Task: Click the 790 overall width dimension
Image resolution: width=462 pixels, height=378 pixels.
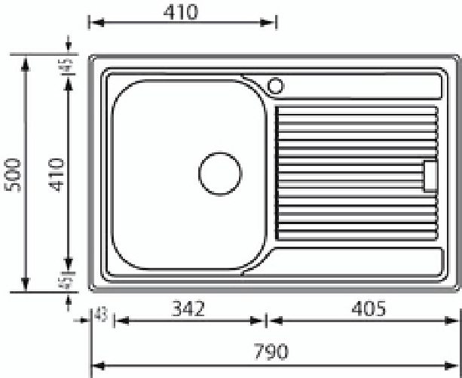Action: (x=271, y=352)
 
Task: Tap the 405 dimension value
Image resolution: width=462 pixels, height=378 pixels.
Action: (x=368, y=308)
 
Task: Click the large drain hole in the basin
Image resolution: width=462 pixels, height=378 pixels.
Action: (x=220, y=173)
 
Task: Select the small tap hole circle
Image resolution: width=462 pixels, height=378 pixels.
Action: (x=275, y=85)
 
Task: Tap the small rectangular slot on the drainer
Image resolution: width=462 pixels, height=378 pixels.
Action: (x=430, y=177)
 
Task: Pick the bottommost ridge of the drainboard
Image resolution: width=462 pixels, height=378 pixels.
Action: (x=356, y=235)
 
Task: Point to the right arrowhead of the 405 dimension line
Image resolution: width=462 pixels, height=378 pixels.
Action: (x=454, y=321)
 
